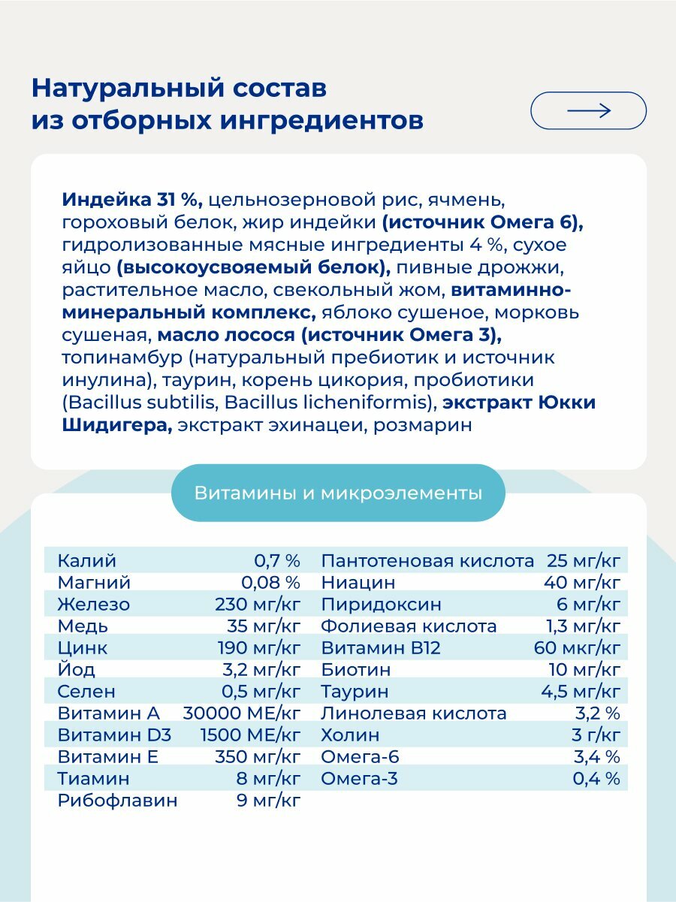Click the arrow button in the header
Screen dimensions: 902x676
588,111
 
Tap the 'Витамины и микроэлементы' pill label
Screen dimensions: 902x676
338,493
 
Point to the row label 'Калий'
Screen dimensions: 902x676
87,560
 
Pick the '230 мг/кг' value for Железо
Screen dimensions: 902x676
258,604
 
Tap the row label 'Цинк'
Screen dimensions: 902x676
83,647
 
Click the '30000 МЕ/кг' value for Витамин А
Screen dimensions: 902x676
242,713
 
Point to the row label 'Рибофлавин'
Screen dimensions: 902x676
117,800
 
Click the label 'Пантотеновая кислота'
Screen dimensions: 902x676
427,560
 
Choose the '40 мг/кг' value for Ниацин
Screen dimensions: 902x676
583,582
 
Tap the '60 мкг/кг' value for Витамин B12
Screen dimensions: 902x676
577,647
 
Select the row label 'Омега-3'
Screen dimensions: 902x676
359,778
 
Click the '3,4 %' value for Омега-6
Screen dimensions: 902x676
596,756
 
